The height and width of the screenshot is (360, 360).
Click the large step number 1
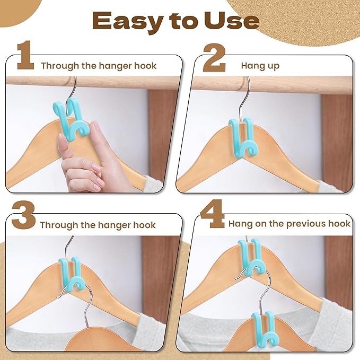pyautogui.click(x=25, y=55)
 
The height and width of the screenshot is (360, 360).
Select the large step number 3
pyautogui.click(x=23, y=215)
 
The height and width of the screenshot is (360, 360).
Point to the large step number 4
pyautogui.click(x=213, y=214)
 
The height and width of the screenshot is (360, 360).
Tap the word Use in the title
pyautogui.click(x=232, y=21)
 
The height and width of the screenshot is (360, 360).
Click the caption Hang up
pyautogui.click(x=260, y=66)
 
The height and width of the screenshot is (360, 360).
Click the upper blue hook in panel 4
pyautogui.click(x=251, y=258)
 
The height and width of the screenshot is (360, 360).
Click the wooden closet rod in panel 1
pyautogui.click(x=92, y=82)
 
